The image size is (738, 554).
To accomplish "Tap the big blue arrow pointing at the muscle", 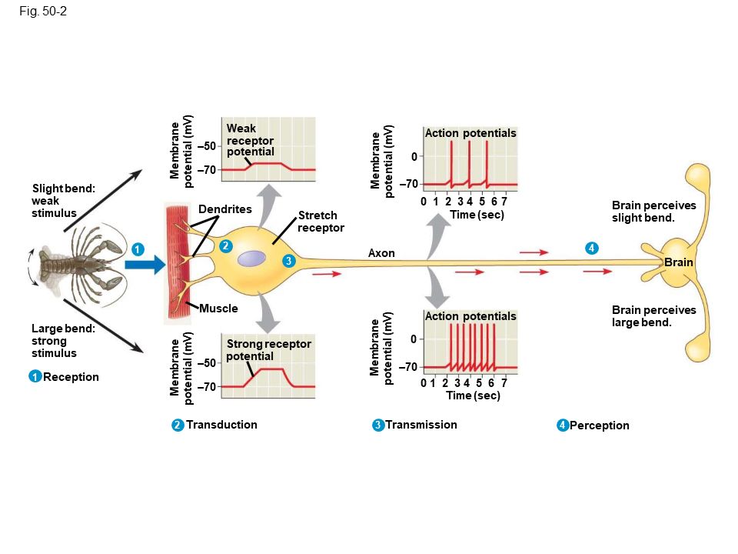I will [145, 265].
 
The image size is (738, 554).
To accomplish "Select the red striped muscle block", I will [179, 262].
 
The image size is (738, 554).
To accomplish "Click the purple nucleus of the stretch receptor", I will [251, 259].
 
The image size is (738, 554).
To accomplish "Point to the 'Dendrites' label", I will [224, 209].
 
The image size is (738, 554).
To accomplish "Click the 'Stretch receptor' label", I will [321, 222].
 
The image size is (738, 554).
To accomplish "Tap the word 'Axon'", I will [381, 253].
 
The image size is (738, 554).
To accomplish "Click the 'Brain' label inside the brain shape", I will [679, 262].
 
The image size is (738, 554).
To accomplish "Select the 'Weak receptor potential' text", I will [251, 140].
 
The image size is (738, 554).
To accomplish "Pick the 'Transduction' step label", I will [221, 425].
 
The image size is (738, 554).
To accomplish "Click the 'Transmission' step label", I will [421, 425].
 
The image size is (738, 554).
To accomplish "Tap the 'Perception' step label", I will [599, 426].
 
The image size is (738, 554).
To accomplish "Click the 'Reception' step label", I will [71, 377].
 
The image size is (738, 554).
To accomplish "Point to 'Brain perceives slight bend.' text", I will [653, 212].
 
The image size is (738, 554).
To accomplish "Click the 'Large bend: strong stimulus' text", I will [61, 340].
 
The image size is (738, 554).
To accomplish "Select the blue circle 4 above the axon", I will [591, 248].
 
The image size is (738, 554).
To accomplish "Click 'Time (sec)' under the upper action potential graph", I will [477, 215].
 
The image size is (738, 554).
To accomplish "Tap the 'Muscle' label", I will [218, 309].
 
